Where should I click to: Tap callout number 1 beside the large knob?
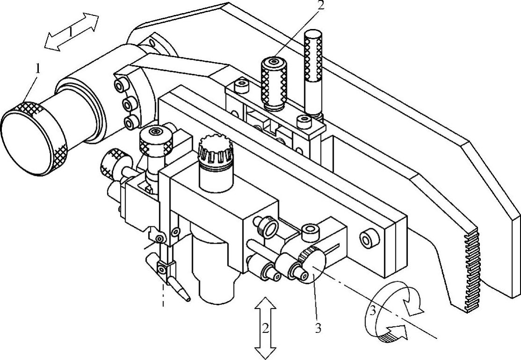(38, 69)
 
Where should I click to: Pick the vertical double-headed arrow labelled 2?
(265, 327)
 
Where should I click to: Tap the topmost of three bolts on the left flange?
(122, 85)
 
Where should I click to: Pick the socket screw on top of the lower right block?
(310, 230)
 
